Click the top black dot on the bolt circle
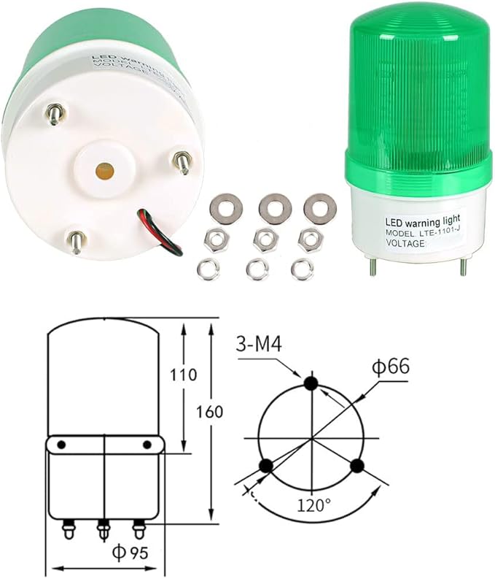coord(311,383)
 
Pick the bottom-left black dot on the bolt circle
coord(266,464)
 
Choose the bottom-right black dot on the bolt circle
coord(356,465)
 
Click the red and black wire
coord(160,228)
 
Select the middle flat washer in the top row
coord(275,208)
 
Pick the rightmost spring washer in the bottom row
coord(300,269)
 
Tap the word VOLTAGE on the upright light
coord(399,243)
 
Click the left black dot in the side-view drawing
coord(63,445)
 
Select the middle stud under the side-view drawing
coord(104,526)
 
